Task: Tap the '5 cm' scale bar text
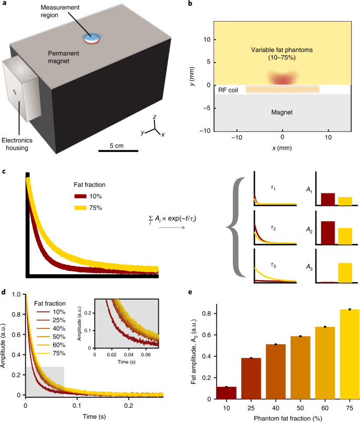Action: [x=118, y=145]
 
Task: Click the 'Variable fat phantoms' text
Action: [x=282, y=50]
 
